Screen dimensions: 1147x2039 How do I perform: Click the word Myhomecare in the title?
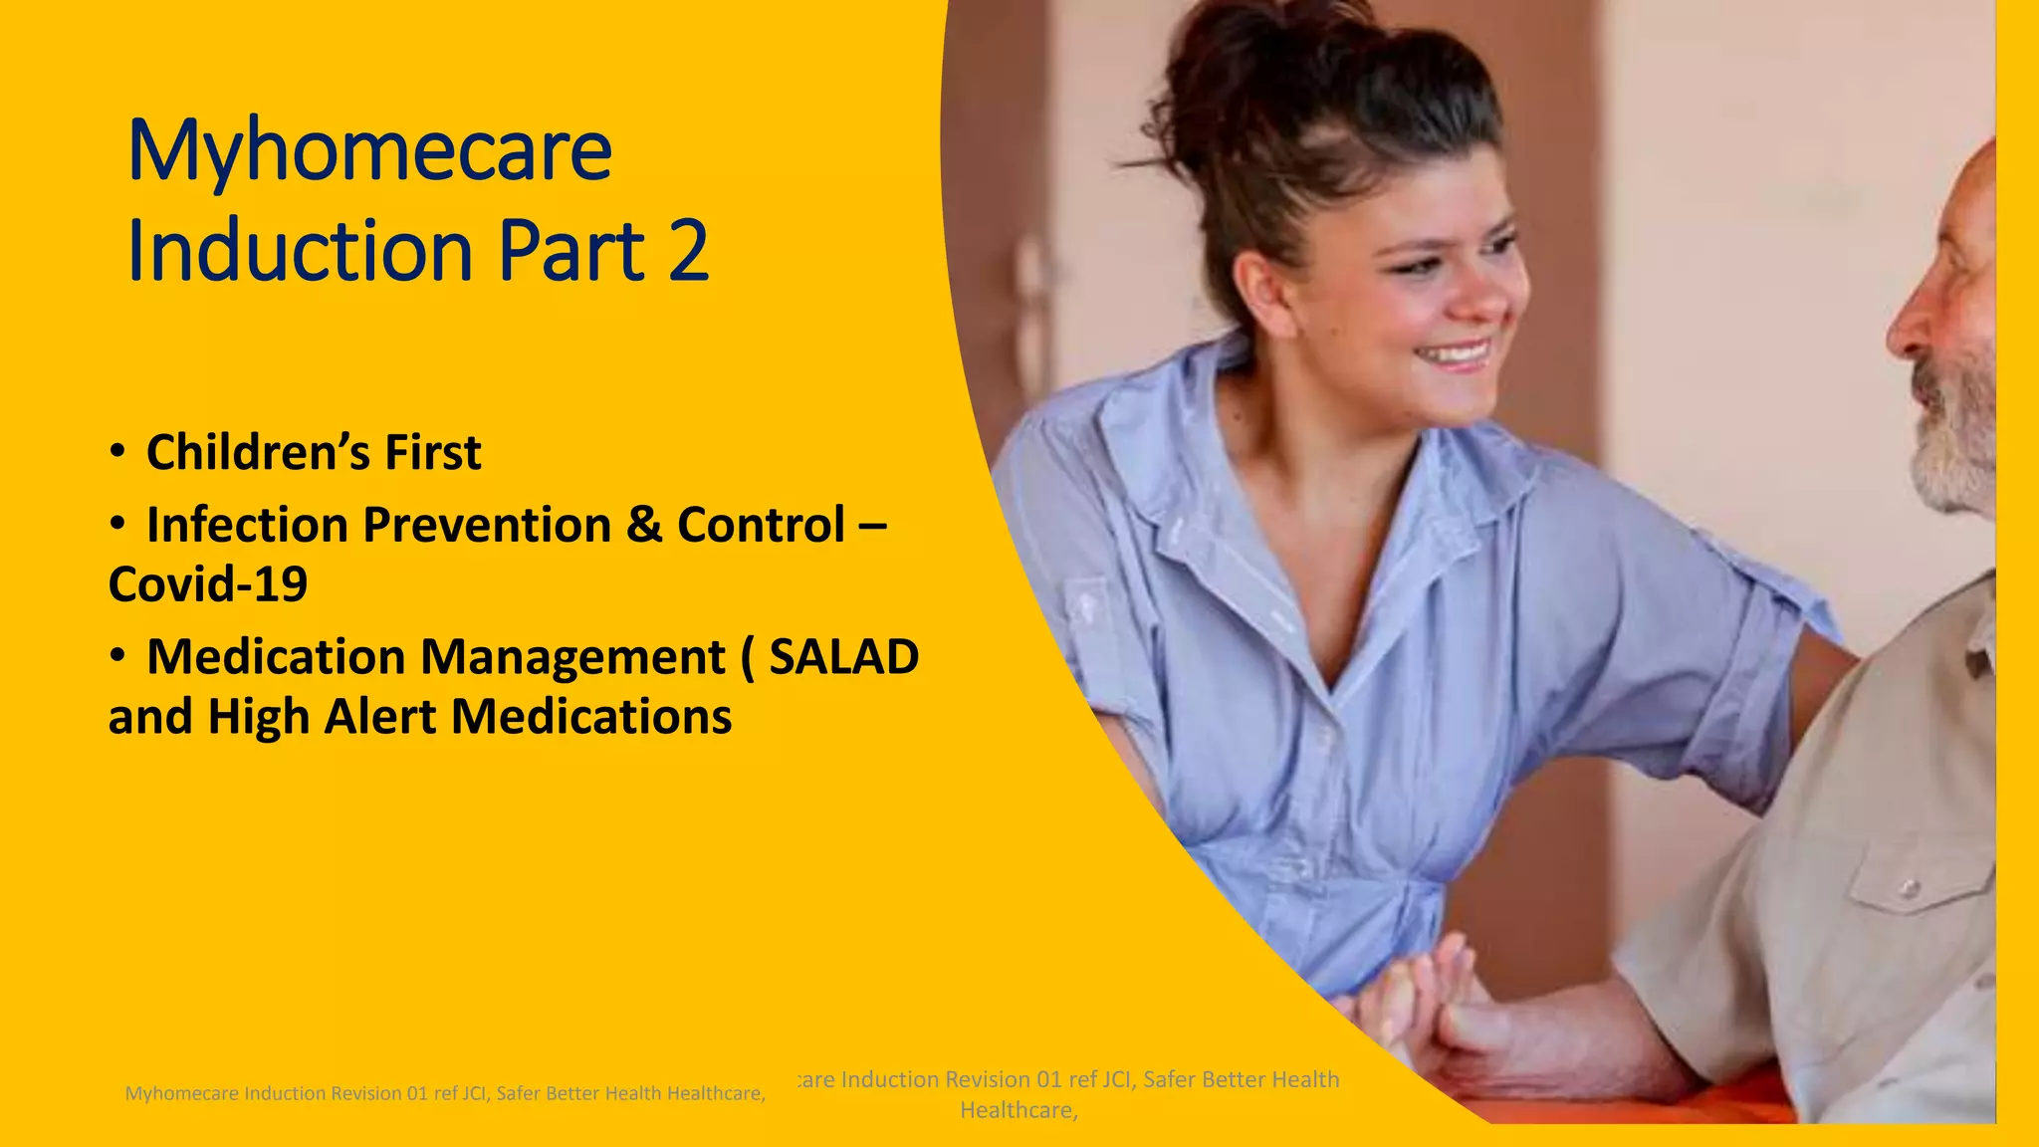click(369, 151)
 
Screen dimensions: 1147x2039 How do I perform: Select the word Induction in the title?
click(300, 250)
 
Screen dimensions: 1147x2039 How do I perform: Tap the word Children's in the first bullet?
click(257, 453)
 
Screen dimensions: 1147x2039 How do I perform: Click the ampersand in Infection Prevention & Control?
click(644, 525)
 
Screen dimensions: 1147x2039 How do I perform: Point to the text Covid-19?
click(208, 584)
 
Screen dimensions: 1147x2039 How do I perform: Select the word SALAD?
click(843, 657)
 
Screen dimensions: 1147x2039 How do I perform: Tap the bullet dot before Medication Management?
click(118, 655)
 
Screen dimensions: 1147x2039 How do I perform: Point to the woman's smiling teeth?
click(1456, 353)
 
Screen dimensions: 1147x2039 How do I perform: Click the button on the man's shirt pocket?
click(1908, 887)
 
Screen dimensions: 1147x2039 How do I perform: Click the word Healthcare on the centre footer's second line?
click(1018, 1110)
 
